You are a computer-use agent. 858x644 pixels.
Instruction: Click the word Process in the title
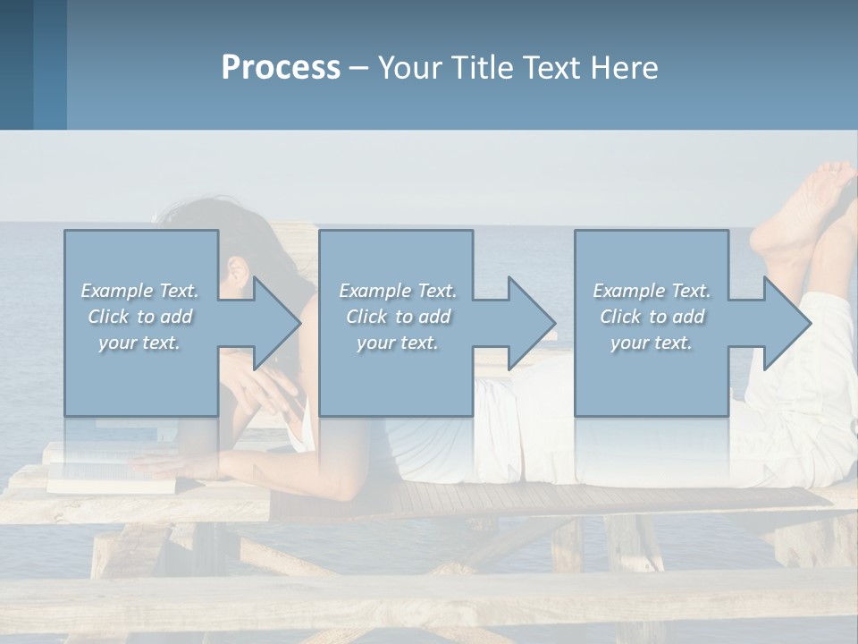click(x=281, y=68)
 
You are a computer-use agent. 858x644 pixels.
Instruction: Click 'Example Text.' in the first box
click(x=139, y=291)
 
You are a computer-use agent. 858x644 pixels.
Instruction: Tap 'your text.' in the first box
click(x=139, y=343)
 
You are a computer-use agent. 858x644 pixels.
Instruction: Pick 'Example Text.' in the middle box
click(x=398, y=291)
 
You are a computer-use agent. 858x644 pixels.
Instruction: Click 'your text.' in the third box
click(x=652, y=343)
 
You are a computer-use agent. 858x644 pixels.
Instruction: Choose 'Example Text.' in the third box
click(x=652, y=291)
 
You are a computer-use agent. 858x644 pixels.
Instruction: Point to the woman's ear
click(x=238, y=271)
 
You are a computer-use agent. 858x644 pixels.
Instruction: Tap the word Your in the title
click(x=411, y=68)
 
